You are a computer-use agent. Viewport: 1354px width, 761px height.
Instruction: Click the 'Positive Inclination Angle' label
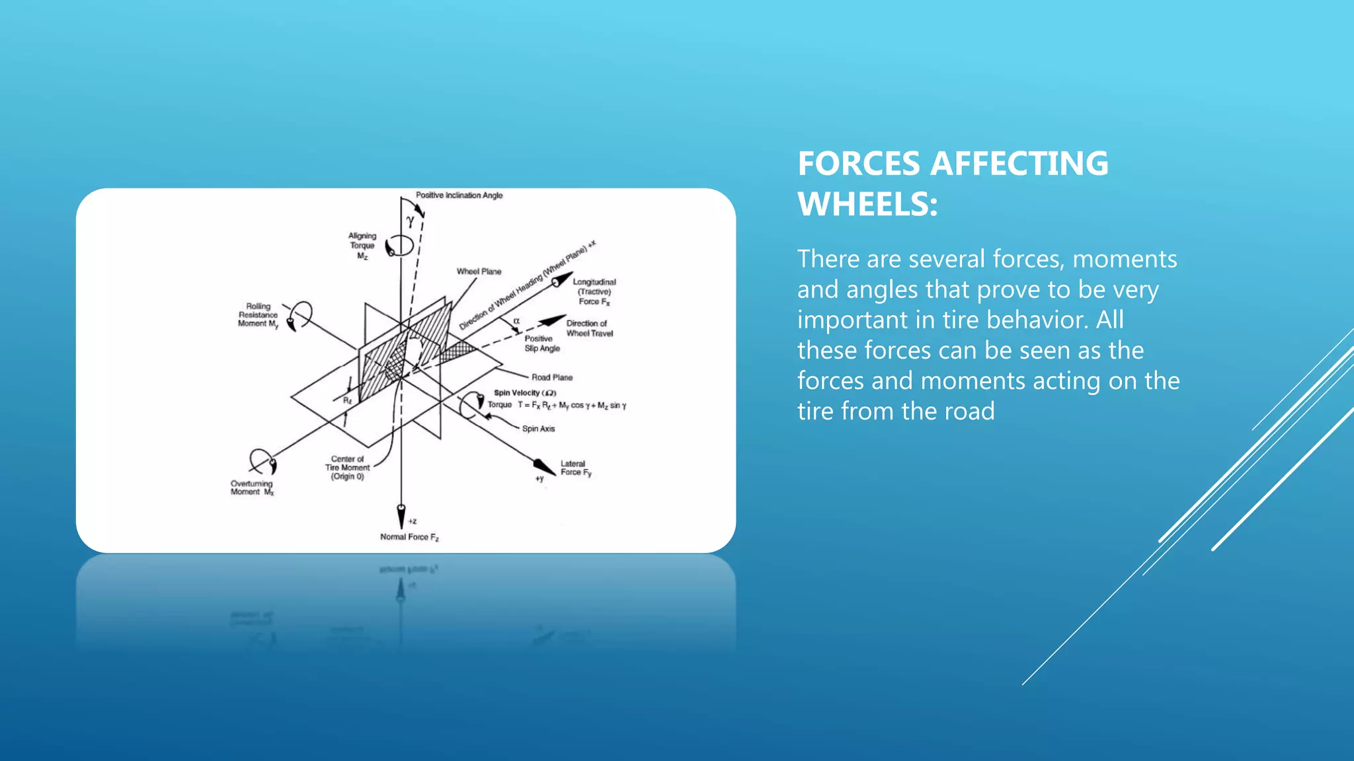(x=459, y=196)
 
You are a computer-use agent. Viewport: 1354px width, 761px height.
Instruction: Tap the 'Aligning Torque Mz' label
(x=362, y=246)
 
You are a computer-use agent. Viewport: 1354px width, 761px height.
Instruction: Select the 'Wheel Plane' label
(x=479, y=272)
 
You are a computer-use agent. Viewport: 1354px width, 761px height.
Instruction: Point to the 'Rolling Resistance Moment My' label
(x=258, y=315)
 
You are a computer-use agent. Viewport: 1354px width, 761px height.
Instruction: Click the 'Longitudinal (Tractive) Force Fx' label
(x=594, y=292)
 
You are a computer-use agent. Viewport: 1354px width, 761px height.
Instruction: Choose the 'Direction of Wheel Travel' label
(x=589, y=328)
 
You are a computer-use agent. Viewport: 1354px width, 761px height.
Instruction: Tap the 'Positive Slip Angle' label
(x=541, y=344)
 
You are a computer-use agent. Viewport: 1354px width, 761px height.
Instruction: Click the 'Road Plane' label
(x=552, y=378)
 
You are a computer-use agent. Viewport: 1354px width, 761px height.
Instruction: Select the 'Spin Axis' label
(x=538, y=429)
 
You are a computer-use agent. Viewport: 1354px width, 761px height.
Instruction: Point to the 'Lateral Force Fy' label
(x=575, y=468)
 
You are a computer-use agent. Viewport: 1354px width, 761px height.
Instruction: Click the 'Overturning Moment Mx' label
(x=251, y=488)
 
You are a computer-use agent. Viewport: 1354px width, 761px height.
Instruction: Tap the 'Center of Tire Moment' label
(x=347, y=468)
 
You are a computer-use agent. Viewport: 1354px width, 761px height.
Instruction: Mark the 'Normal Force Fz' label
(x=409, y=537)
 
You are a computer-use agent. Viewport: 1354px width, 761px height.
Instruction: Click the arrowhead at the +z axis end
(x=401, y=515)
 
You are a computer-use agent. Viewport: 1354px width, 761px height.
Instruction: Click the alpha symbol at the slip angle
(x=516, y=321)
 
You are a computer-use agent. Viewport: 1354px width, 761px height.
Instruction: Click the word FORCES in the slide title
(x=859, y=164)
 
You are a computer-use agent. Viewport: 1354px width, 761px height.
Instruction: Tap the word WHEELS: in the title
(x=867, y=204)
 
